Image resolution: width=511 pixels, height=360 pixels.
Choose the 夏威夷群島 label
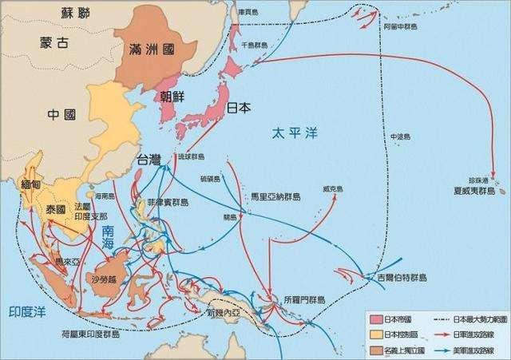click(478, 192)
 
